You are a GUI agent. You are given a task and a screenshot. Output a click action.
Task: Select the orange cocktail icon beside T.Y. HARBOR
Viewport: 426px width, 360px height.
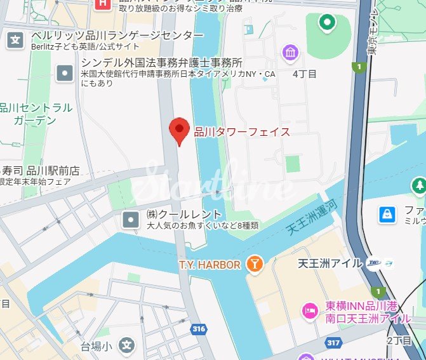click(x=254, y=264)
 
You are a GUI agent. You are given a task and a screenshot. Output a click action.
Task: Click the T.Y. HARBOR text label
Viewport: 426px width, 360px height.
click(x=209, y=265)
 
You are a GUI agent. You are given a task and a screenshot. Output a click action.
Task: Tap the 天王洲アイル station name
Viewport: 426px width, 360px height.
click(x=329, y=263)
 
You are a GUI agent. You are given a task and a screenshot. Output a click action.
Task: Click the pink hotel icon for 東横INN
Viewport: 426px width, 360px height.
click(x=311, y=310)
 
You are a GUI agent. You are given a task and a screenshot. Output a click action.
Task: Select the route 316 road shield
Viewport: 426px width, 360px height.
click(x=199, y=328)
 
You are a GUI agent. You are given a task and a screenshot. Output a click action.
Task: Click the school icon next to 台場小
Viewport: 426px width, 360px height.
click(x=128, y=346)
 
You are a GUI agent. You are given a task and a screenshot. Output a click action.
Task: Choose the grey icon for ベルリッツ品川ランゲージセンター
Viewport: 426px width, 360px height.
click(x=15, y=41)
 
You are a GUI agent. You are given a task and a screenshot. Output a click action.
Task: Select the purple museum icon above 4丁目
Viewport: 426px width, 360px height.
click(x=291, y=52)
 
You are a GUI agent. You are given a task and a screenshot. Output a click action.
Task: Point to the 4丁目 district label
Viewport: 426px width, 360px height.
click(x=304, y=74)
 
